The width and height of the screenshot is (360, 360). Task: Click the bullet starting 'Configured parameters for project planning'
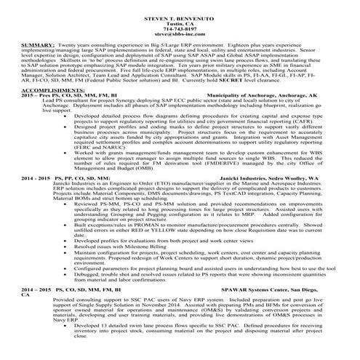pos(204,268)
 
